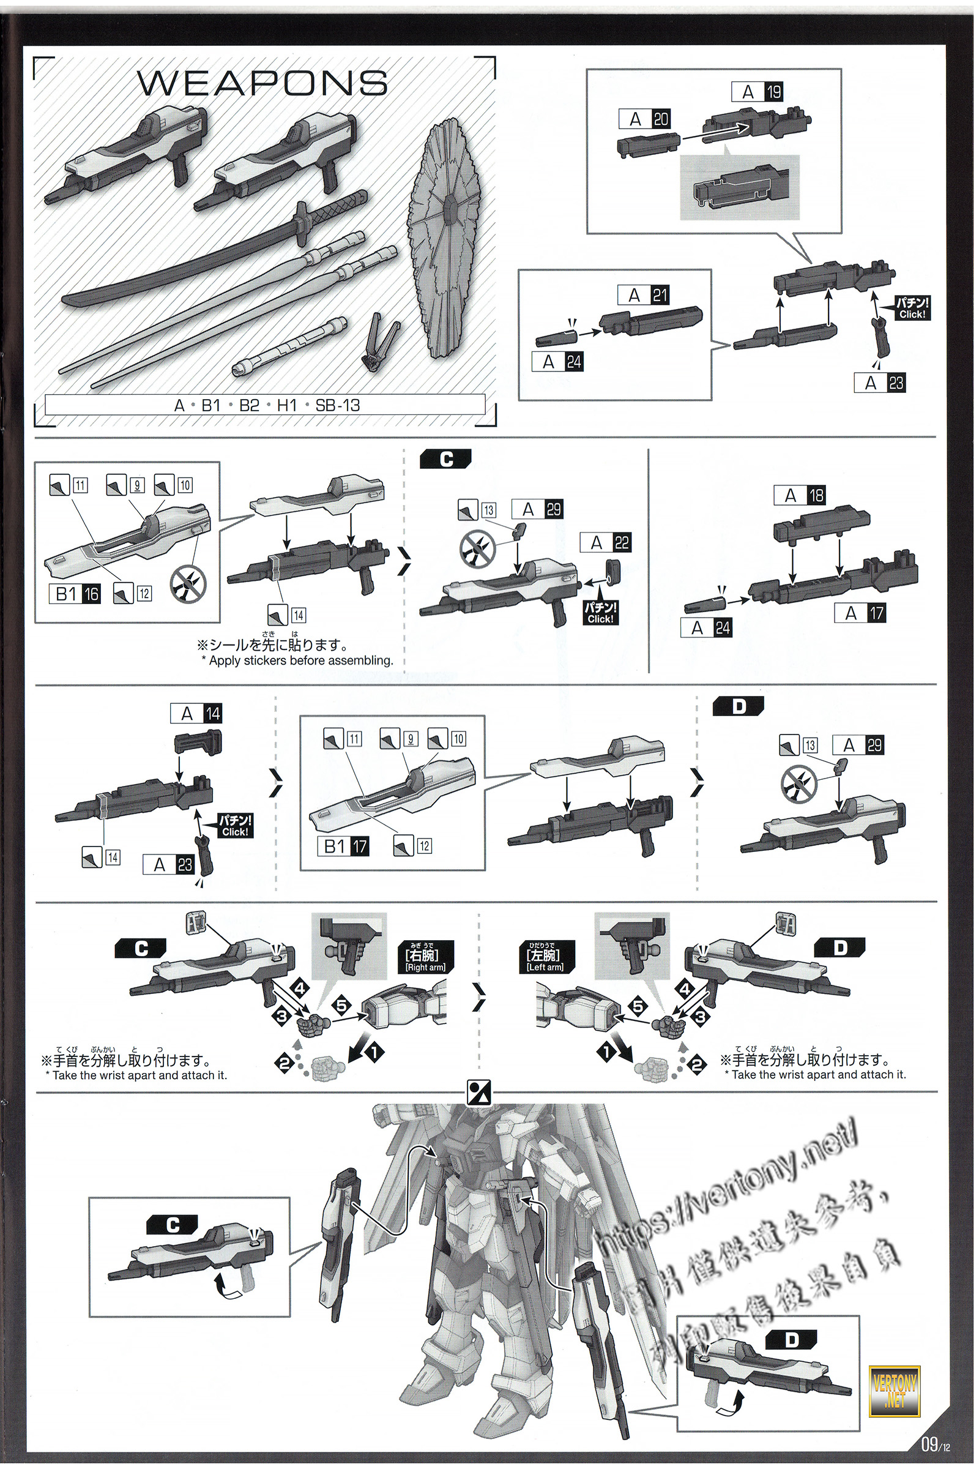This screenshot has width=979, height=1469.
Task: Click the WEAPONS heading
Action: [262, 83]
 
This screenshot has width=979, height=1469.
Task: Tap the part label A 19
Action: [757, 92]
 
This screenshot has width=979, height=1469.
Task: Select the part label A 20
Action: [645, 119]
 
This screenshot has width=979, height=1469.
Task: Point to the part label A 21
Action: [644, 295]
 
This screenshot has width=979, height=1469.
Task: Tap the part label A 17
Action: [860, 614]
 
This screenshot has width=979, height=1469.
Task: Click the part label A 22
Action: [606, 543]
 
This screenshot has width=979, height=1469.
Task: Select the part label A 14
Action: [196, 713]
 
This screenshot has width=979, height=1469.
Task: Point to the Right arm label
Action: [426, 959]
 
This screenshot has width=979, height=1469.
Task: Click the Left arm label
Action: [545, 959]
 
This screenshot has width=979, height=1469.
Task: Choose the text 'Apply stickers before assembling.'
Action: [297, 661]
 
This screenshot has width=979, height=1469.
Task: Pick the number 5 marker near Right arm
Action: [343, 1006]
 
